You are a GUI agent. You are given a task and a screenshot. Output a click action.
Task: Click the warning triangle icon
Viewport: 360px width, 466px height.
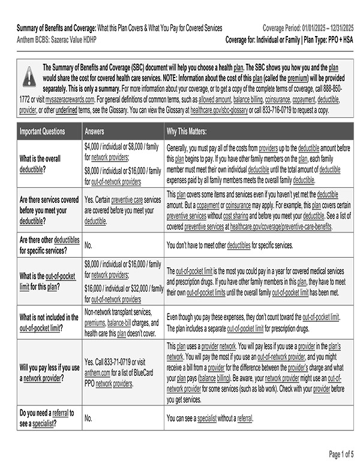point(29,77)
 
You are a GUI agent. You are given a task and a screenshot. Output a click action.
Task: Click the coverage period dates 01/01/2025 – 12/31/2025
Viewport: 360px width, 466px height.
point(325,28)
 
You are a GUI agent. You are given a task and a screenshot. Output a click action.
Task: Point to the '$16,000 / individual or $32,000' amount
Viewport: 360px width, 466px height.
point(124,289)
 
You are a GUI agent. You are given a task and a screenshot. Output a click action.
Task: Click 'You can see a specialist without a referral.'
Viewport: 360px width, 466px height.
point(209,418)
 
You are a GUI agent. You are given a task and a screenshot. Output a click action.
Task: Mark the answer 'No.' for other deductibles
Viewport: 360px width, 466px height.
point(88,245)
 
